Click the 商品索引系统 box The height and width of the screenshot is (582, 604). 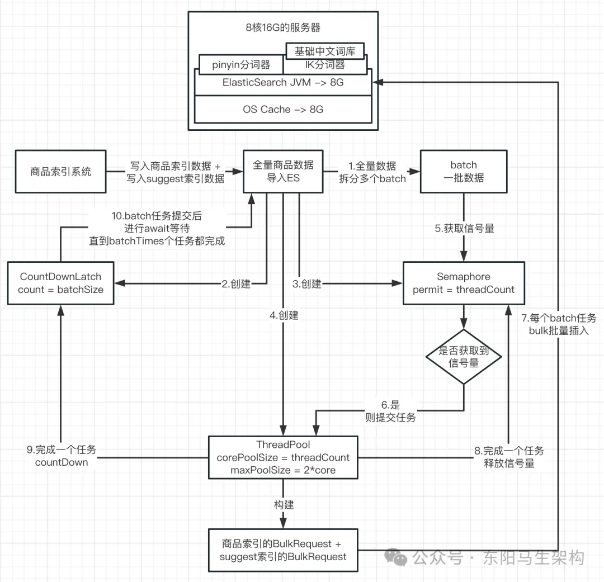(x=61, y=172)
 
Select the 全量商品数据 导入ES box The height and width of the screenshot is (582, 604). (x=283, y=172)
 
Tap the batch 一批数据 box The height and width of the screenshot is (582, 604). (x=464, y=172)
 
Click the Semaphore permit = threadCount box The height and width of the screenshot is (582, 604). (x=464, y=283)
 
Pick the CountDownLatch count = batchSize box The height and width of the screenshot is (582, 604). (x=61, y=283)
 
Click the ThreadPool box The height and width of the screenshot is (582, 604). (x=283, y=457)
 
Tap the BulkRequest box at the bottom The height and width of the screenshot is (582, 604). (x=283, y=550)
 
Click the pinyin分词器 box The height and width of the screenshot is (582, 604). (x=241, y=65)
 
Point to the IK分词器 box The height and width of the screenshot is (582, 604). (x=324, y=65)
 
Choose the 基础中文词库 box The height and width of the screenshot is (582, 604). (x=324, y=51)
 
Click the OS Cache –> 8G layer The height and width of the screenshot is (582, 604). (x=283, y=109)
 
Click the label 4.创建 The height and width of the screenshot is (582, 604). (x=284, y=315)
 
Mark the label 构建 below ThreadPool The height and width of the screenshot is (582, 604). (x=284, y=504)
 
